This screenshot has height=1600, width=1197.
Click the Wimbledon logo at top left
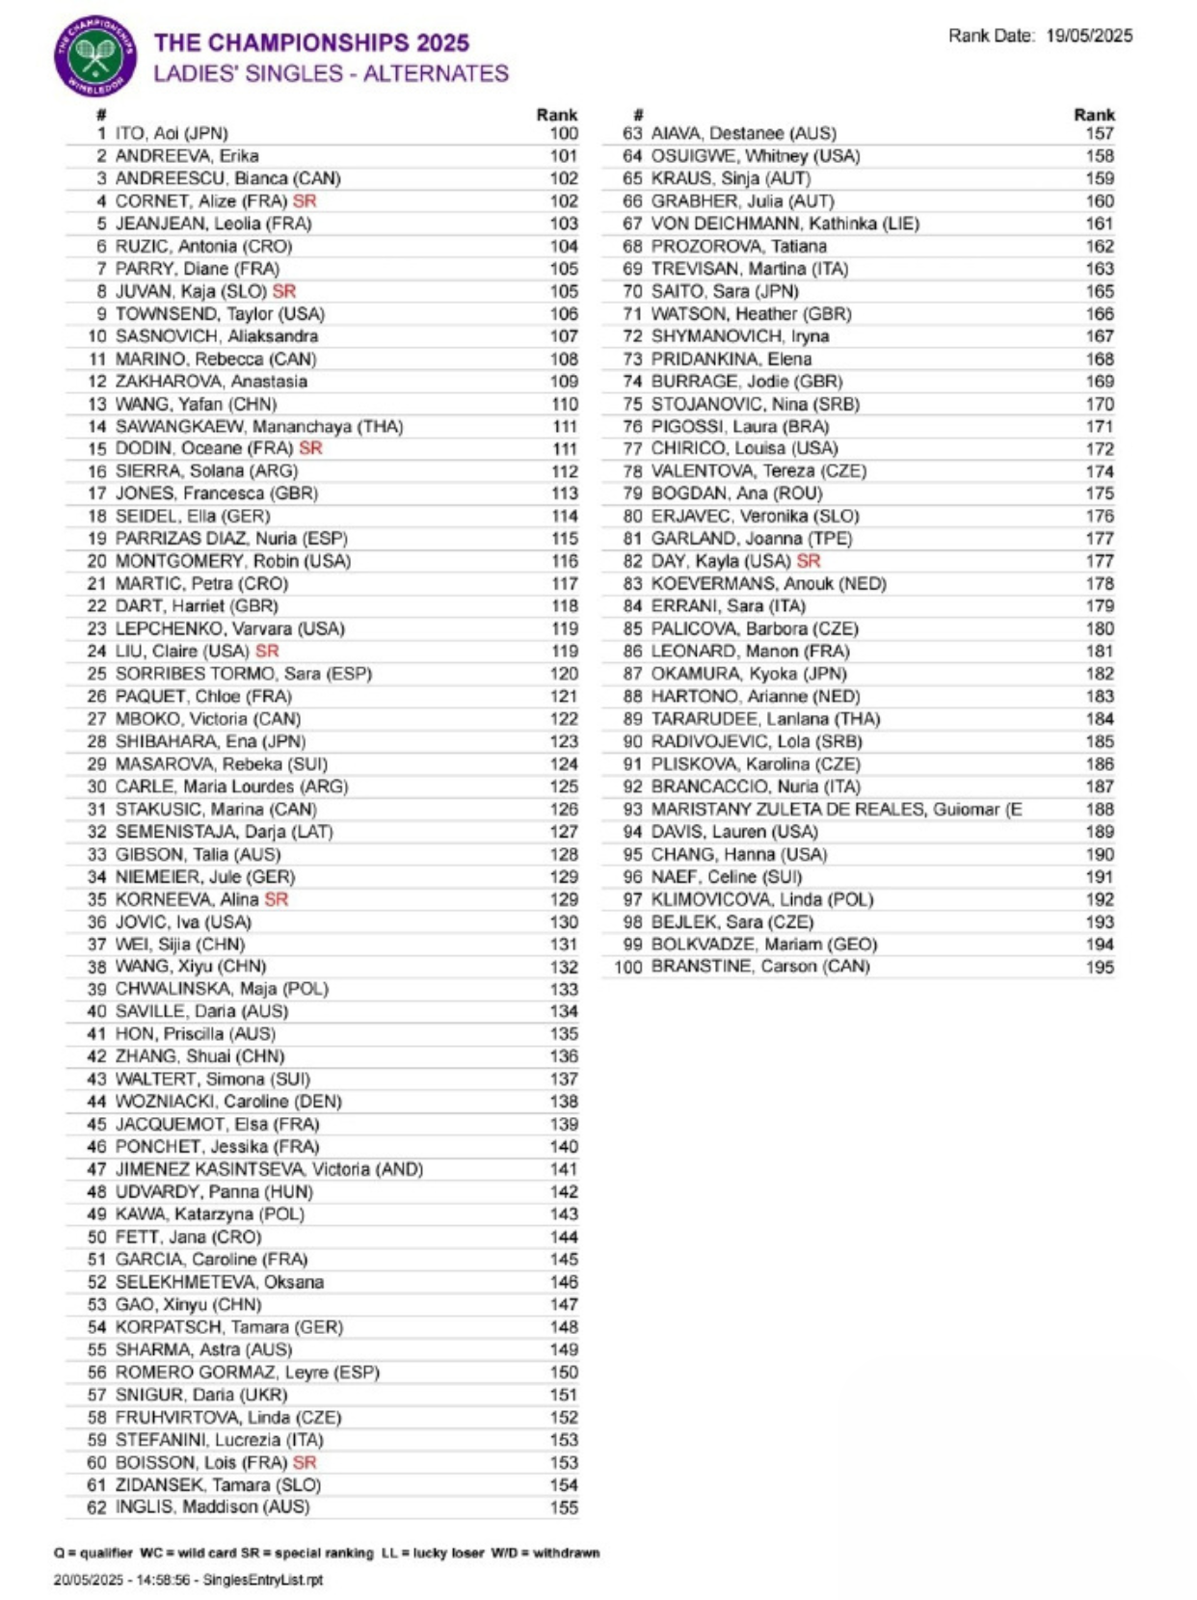94,56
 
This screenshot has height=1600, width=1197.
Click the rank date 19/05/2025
1089,36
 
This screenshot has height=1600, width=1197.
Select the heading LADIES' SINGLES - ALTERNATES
331,74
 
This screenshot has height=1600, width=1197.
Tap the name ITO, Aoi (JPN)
172,134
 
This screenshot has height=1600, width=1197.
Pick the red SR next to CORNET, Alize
305,201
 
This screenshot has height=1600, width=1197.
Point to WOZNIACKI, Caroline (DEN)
228,1102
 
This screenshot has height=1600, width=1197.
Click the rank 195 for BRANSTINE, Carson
1100,967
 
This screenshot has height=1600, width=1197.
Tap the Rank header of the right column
1094,115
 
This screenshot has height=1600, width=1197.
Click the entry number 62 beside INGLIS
96,1507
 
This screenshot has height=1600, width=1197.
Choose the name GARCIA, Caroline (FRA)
211,1260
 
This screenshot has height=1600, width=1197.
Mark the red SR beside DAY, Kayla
809,561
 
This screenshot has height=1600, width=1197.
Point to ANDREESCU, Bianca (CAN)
227,178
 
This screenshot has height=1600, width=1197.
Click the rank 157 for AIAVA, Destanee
1100,134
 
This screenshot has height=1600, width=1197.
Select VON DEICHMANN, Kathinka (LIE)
785,224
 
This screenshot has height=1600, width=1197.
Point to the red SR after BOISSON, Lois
305,1463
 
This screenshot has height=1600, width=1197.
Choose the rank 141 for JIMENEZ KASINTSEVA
564,1169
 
